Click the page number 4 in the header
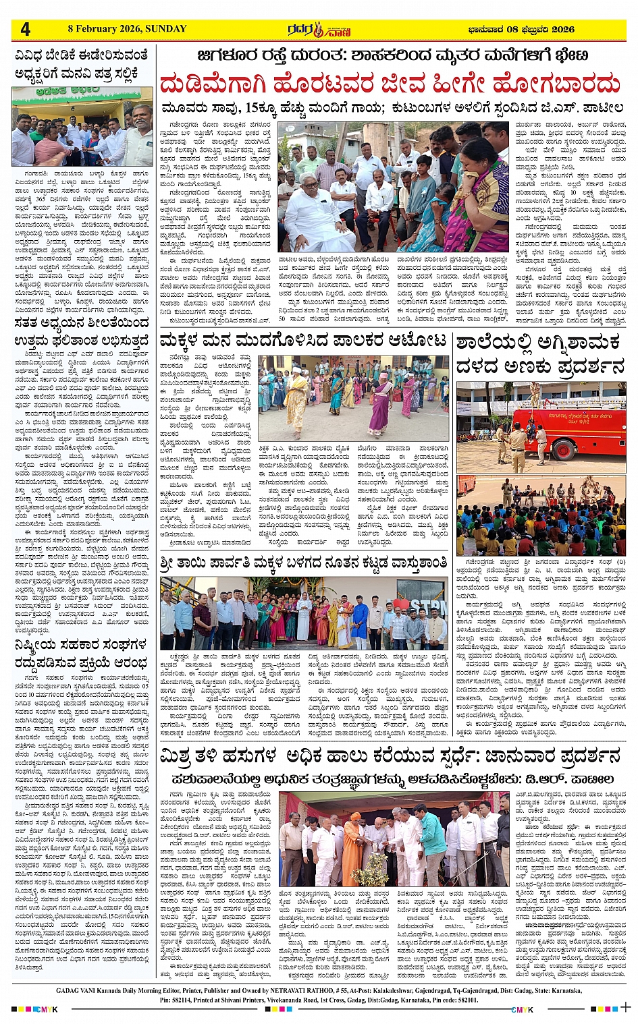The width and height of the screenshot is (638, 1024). click(x=26, y=29)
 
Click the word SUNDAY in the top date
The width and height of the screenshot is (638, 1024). click(x=165, y=28)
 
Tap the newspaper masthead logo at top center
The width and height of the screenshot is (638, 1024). click(x=318, y=30)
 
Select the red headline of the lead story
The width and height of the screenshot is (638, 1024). click(x=390, y=84)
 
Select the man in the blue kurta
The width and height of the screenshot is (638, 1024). click(x=360, y=621)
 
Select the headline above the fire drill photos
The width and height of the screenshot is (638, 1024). click(x=539, y=355)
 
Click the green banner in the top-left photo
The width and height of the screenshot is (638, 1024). click(x=76, y=91)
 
